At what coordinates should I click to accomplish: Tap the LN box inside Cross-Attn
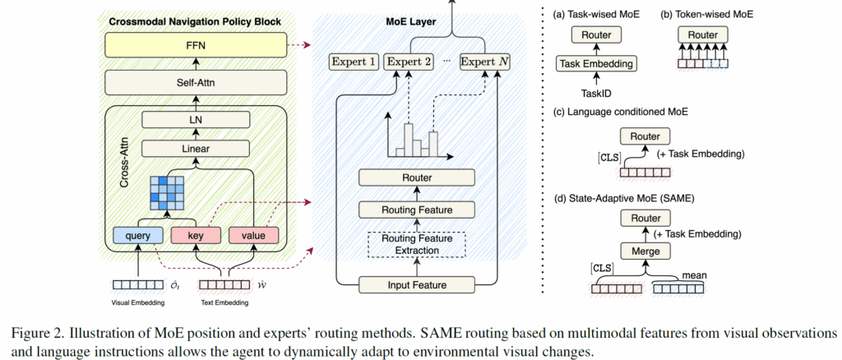[197, 121]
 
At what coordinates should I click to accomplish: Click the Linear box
[197, 149]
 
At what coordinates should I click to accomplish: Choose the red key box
[197, 236]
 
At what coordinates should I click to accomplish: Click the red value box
[254, 236]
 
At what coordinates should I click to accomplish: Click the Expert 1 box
[354, 62]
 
